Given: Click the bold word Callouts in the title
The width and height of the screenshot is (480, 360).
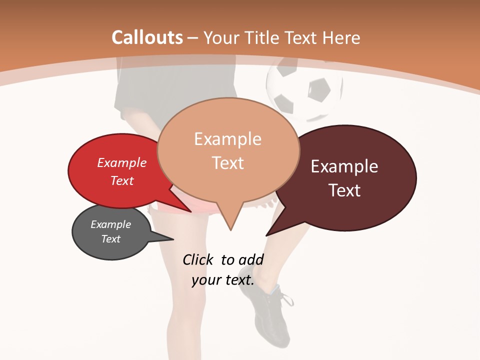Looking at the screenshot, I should pos(147,37).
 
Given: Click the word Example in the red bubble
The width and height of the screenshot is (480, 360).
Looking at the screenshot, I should pos(122,163).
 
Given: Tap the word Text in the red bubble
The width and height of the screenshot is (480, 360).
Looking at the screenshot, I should pos(122,180).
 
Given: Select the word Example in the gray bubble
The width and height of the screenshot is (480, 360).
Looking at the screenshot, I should pos(110,224).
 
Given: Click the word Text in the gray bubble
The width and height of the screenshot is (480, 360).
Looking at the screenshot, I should pos(110,239).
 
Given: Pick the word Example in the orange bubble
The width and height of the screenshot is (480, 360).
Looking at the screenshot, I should pos(227,139).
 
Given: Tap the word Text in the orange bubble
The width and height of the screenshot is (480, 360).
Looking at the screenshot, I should pos(227,163).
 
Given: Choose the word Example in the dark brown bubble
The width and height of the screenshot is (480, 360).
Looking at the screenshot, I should pos(344,166).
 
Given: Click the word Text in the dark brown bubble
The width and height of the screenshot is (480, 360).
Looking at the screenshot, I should pos(344,190).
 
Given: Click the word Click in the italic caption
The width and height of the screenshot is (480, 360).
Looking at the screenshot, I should pos(198,260).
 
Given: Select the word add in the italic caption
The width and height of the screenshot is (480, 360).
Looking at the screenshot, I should pos(251,260).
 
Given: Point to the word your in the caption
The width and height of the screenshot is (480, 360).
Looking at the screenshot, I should pos(206,280).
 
